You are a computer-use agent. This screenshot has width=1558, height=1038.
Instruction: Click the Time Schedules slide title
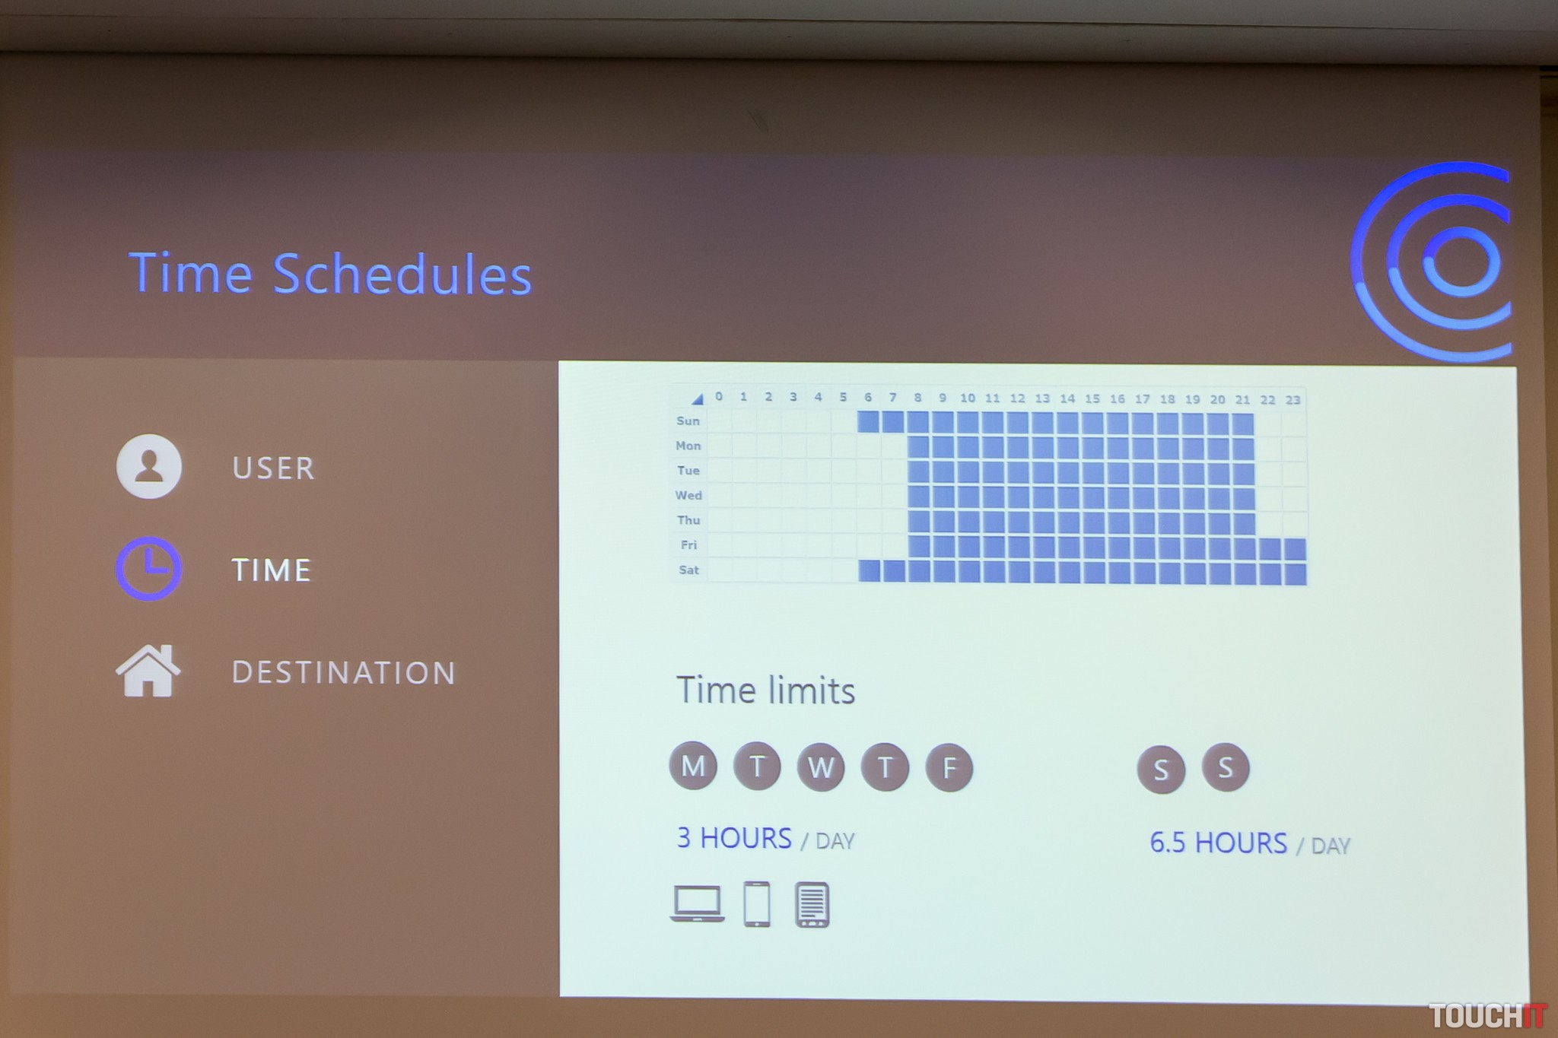(x=330, y=274)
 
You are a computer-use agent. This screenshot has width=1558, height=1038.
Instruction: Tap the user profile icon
(x=148, y=466)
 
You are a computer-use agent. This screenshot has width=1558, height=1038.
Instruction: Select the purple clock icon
(x=148, y=569)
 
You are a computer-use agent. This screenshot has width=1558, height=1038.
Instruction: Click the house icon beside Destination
(x=148, y=671)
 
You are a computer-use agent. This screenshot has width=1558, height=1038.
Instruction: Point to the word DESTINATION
(x=344, y=673)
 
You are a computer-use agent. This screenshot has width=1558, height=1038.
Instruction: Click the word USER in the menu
(x=274, y=468)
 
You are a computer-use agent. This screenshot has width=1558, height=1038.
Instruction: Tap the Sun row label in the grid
(x=688, y=421)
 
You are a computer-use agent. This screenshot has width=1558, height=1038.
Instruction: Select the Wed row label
(x=688, y=495)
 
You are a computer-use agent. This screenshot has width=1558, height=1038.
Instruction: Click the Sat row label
(x=688, y=570)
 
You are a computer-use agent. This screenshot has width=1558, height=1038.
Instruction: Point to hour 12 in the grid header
(x=1017, y=398)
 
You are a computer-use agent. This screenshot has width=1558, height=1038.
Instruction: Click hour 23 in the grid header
(x=1293, y=400)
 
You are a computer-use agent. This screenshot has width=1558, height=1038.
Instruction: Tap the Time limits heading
(x=765, y=690)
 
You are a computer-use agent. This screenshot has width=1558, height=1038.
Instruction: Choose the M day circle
(x=693, y=766)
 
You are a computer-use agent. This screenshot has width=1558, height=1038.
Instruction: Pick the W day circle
(x=821, y=767)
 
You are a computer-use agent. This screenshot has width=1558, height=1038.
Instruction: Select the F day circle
(x=949, y=767)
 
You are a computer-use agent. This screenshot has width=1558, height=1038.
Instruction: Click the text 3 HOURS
(x=734, y=838)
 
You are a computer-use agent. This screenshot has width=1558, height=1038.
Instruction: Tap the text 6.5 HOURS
(x=1219, y=843)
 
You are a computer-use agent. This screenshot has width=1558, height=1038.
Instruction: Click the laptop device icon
(x=698, y=904)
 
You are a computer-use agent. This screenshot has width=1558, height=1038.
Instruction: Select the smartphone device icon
(x=757, y=904)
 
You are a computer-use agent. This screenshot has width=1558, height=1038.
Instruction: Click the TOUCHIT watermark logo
(x=1487, y=1016)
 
